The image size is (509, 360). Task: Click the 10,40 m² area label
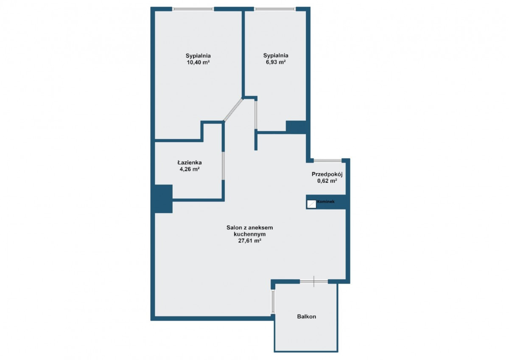point(198,62)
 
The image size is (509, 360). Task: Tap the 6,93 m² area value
point(276,62)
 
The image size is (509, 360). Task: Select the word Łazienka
point(190,162)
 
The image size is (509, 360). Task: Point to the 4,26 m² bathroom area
point(190,169)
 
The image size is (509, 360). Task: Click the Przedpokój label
point(327,174)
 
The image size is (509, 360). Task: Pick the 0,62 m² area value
point(327,181)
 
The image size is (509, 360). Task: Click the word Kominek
point(326,201)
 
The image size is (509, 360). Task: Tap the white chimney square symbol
point(311,204)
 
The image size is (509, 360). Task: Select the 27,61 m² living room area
point(249,241)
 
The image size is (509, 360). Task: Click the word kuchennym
point(250,234)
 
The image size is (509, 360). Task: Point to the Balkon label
point(307,316)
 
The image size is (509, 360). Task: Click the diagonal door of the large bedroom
point(233,109)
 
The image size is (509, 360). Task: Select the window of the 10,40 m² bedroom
point(193,9)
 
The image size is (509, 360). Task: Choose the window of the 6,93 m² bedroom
point(275,9)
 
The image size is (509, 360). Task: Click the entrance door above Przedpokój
point(327,161)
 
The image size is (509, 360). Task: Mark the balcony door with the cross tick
point(314,282)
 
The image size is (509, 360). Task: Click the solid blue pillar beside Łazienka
point(163,199)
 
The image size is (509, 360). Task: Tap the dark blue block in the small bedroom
point(296,127)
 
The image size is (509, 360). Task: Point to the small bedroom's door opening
point(256,115)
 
